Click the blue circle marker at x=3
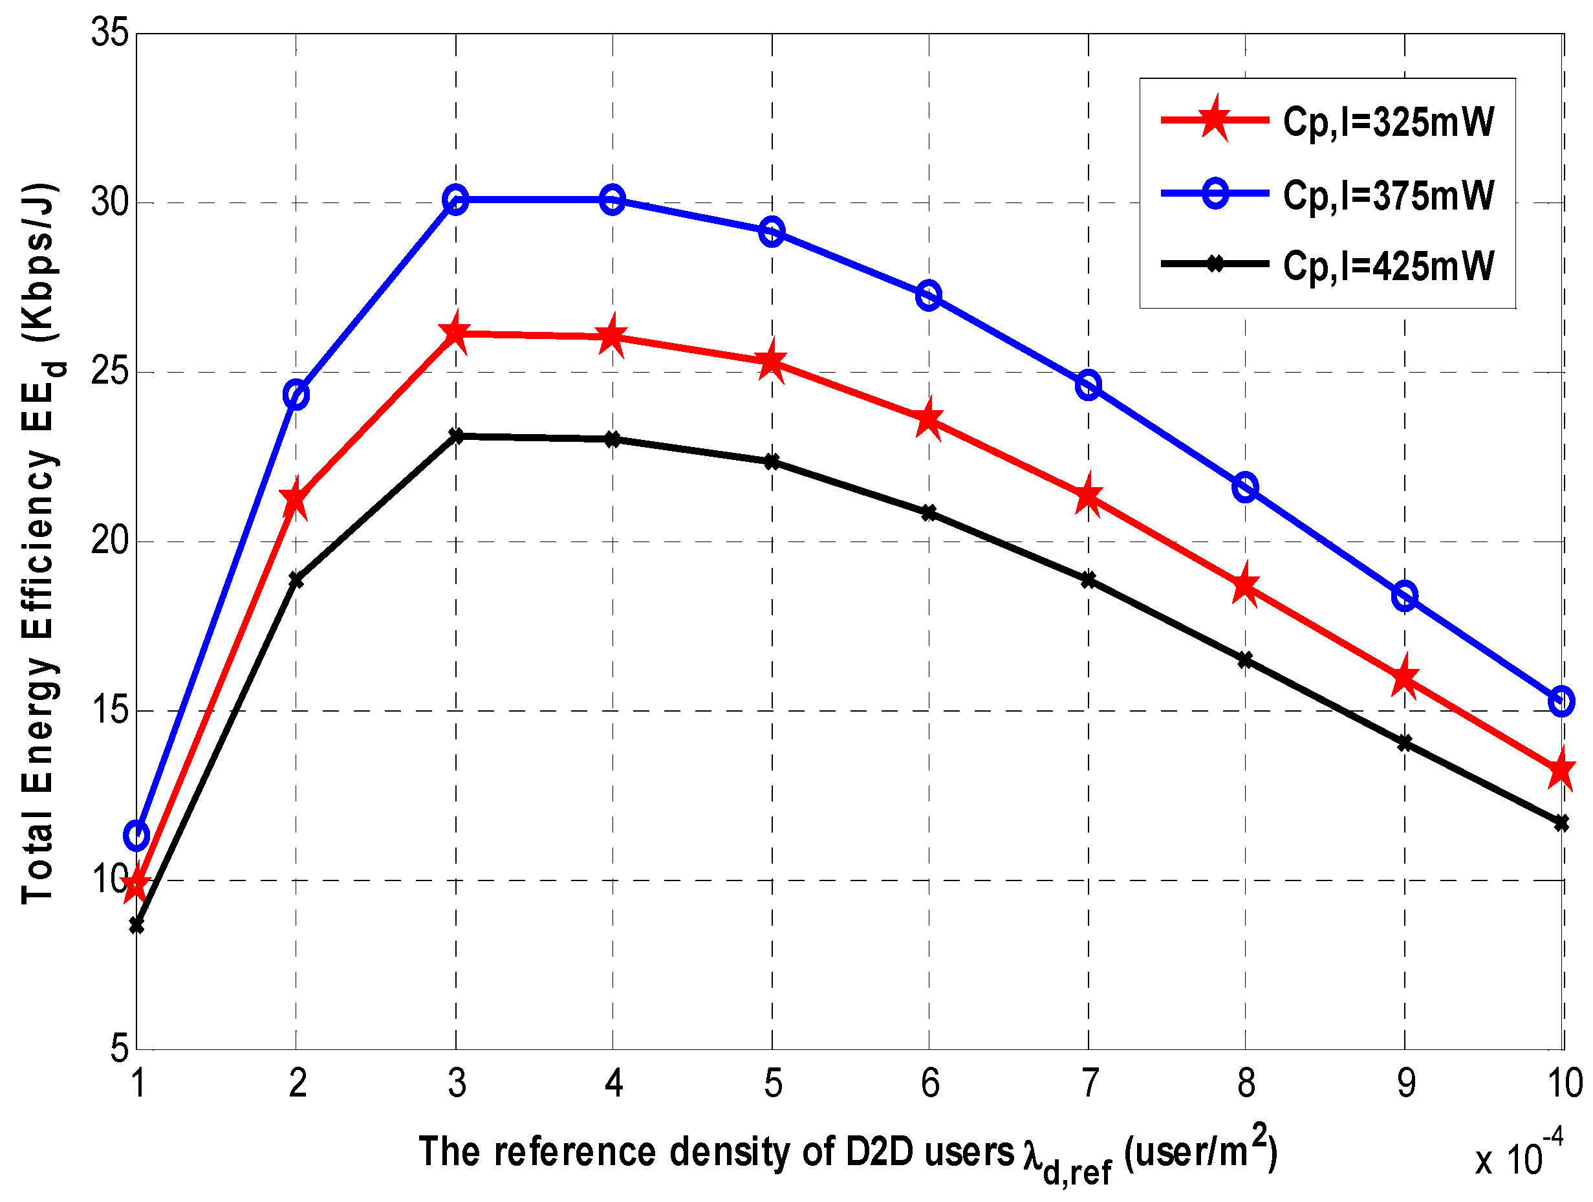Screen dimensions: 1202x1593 (x=455, y=199)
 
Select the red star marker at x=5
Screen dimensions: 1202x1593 (x=772, y=362)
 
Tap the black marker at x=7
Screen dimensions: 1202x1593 (x=1088, y=580)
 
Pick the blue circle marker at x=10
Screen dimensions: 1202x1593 (x=1561, y=701)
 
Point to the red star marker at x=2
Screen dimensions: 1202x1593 (x=296, y=499)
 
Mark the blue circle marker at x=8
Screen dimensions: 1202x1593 (x=1245, y=488)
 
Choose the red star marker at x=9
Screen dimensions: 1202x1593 (x=1404, y=679)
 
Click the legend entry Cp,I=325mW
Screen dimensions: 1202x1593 (x=1388, y=122)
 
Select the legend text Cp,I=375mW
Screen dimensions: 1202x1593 (x=1388, y=195)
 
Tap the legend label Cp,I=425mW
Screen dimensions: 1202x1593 (x=1388, y=266)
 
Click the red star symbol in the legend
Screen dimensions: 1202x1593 (x=1215, y=119)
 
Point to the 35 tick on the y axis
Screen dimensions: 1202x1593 (x=109, y=33)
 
